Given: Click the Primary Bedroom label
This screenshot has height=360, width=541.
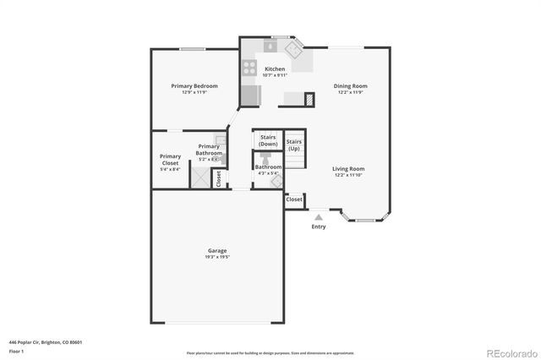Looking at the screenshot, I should coord(194,85).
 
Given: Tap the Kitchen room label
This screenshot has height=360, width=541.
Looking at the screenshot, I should coord(275,68).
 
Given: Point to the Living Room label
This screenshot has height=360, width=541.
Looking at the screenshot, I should coord(348,168).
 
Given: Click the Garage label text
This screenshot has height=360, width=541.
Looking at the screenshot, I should coord(217,250).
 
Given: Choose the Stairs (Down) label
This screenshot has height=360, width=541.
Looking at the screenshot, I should coord(268,140).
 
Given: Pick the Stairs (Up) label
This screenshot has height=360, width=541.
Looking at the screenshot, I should coord(293,145).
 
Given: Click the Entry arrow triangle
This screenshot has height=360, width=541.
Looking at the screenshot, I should coord(319,217).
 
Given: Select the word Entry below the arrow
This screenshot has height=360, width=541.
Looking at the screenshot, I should coord(319,226).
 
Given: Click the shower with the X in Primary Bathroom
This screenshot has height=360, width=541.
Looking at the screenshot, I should coord(199,177).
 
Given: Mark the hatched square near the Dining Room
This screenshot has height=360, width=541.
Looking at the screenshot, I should coord(310,99).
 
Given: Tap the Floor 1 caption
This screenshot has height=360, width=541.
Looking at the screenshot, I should coord(15,351).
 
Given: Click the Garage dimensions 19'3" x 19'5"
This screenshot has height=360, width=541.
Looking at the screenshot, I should coord(217,256).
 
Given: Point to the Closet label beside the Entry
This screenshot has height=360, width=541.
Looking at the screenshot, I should coord(294,199).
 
